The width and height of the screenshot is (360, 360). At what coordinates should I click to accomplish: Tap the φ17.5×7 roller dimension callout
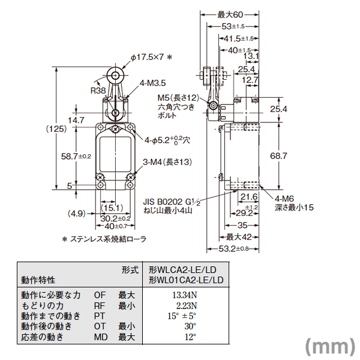[151, 58]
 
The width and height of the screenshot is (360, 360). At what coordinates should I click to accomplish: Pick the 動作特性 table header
[38, 280]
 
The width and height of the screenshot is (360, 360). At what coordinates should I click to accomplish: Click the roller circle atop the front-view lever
[114, 75]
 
